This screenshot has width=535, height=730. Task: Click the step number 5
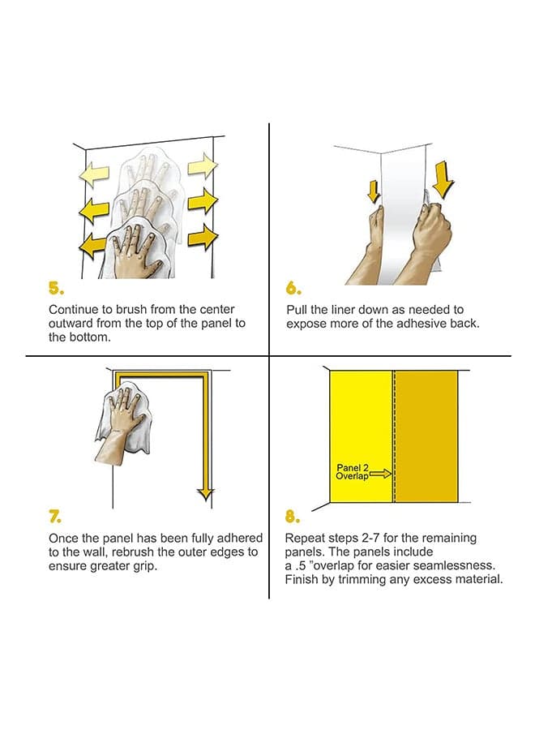[56, 289]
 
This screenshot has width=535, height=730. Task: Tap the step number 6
[293, 289]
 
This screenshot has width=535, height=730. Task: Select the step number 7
[56, 517]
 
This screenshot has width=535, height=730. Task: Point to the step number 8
[293, 517]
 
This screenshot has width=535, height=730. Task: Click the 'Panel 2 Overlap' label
[353, 471]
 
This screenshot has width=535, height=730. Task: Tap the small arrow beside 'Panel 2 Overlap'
[381, 474]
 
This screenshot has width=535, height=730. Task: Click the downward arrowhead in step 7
[205, 495]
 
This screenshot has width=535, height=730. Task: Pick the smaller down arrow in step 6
[374, 191]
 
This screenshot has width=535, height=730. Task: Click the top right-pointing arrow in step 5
[203, 165]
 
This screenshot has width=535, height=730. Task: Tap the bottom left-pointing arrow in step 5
[95, 244]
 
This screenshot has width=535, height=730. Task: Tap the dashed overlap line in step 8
[394, 436]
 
